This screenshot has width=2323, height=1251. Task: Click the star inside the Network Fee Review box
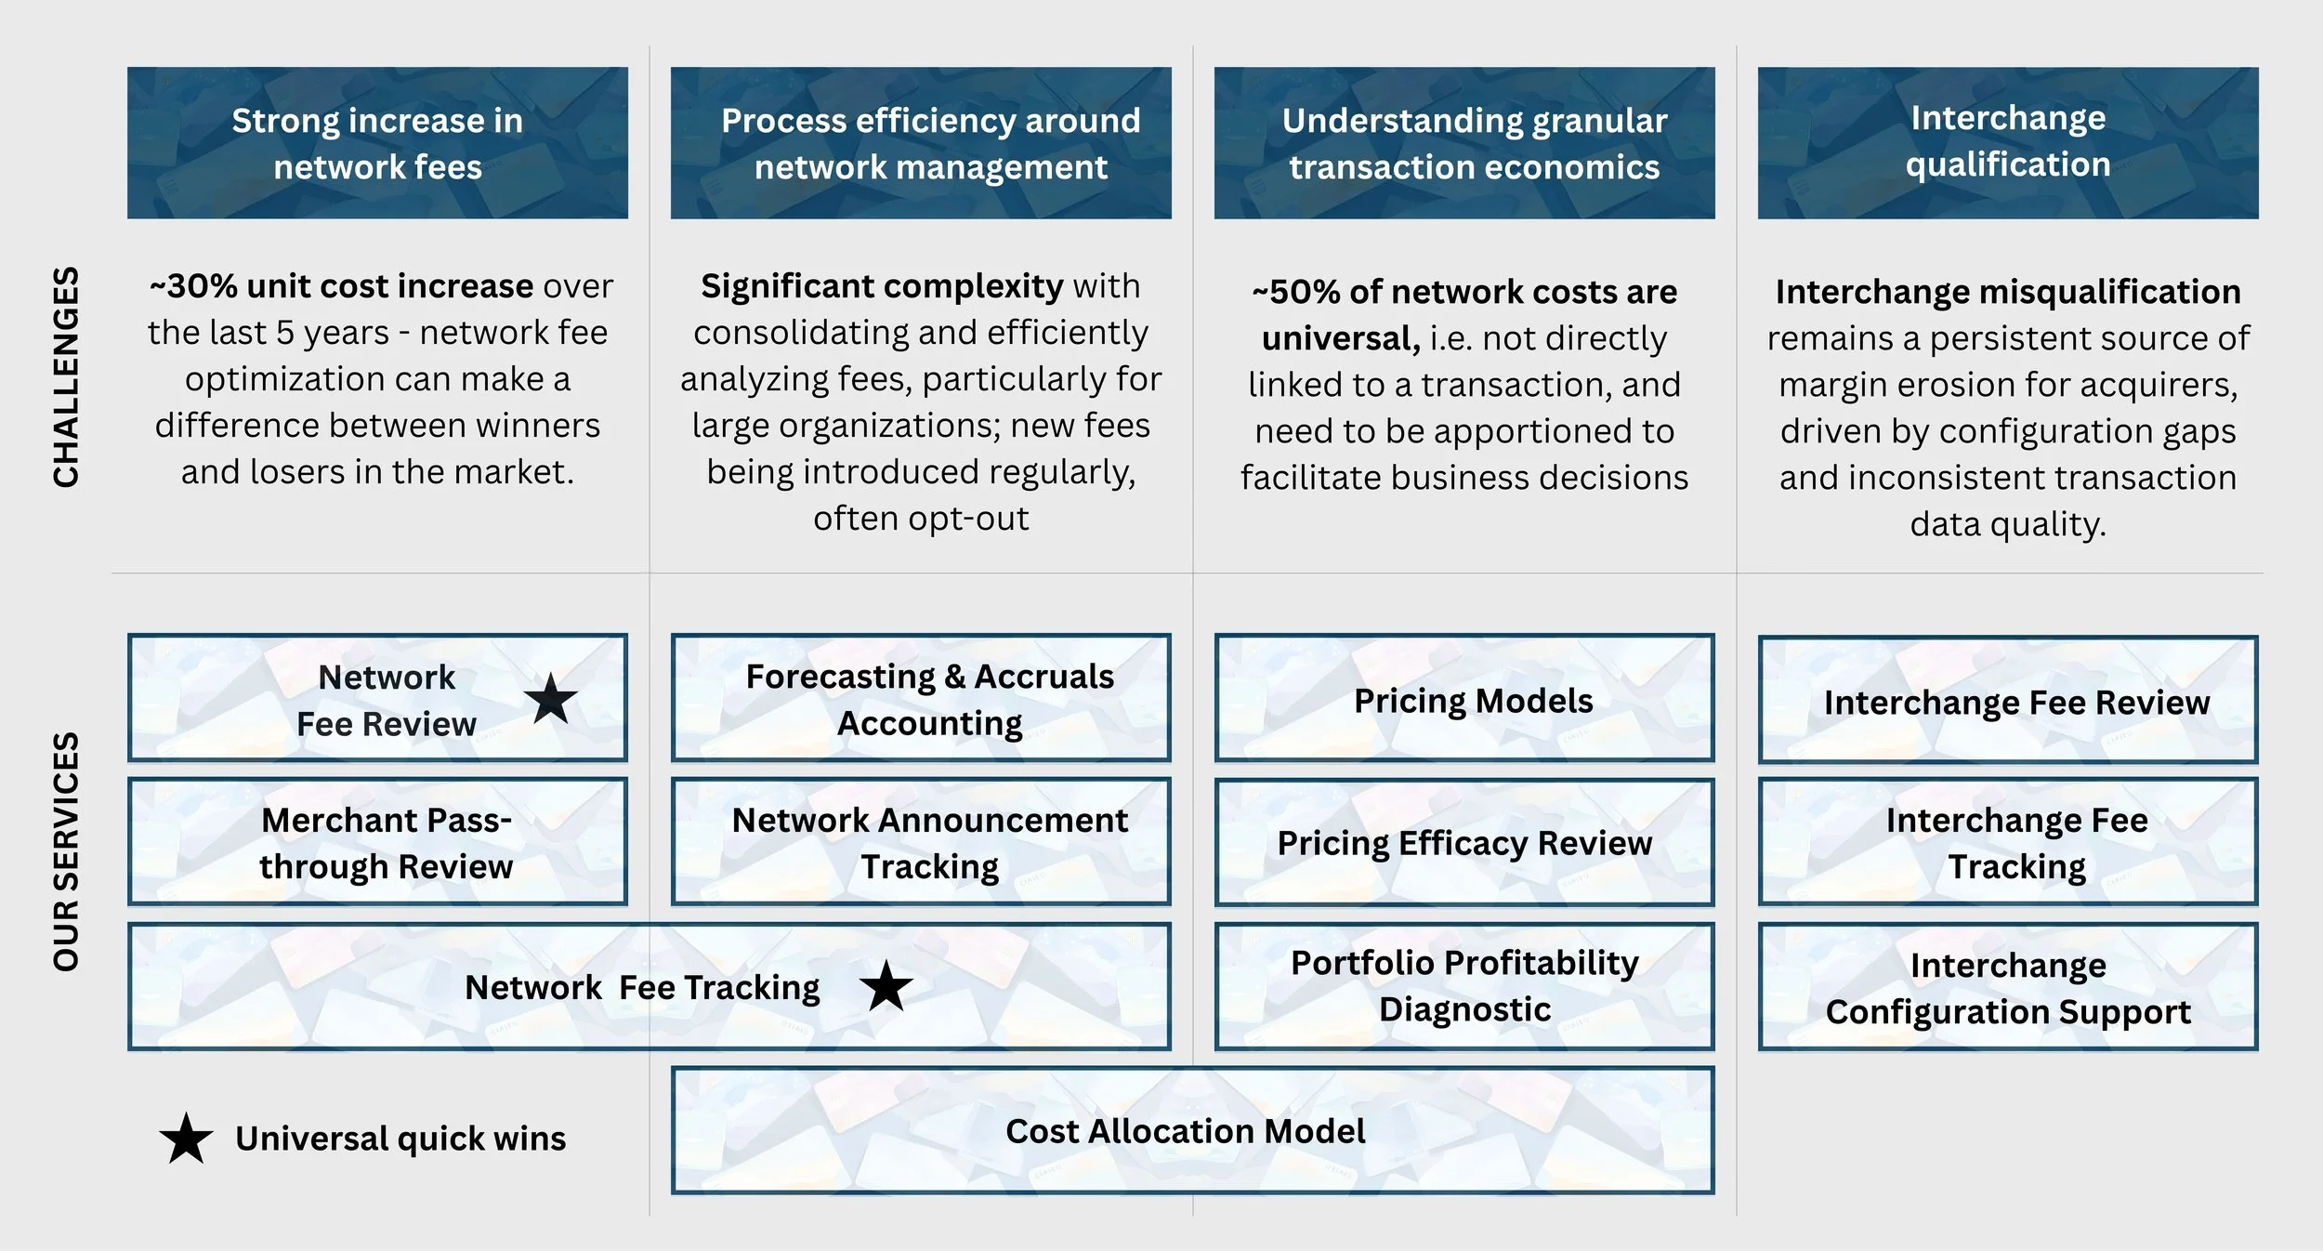551,699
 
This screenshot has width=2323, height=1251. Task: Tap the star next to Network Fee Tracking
886,986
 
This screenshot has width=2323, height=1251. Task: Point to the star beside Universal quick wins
186,1139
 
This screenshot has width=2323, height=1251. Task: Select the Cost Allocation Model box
1192,1130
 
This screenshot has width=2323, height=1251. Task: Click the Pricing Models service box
1464,699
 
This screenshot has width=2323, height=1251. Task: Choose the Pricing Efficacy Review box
1464,842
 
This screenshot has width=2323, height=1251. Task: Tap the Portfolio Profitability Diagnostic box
1464,985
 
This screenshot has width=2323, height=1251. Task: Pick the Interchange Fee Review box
2007,701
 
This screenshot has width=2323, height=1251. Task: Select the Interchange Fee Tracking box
2007,842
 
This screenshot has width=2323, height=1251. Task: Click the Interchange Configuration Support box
2007,987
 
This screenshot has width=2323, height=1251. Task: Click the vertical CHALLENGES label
66,376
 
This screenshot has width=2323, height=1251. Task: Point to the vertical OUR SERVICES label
66,851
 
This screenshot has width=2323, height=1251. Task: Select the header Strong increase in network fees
377,143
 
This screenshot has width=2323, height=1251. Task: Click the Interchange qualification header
2007,141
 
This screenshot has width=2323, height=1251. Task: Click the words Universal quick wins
400,1139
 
